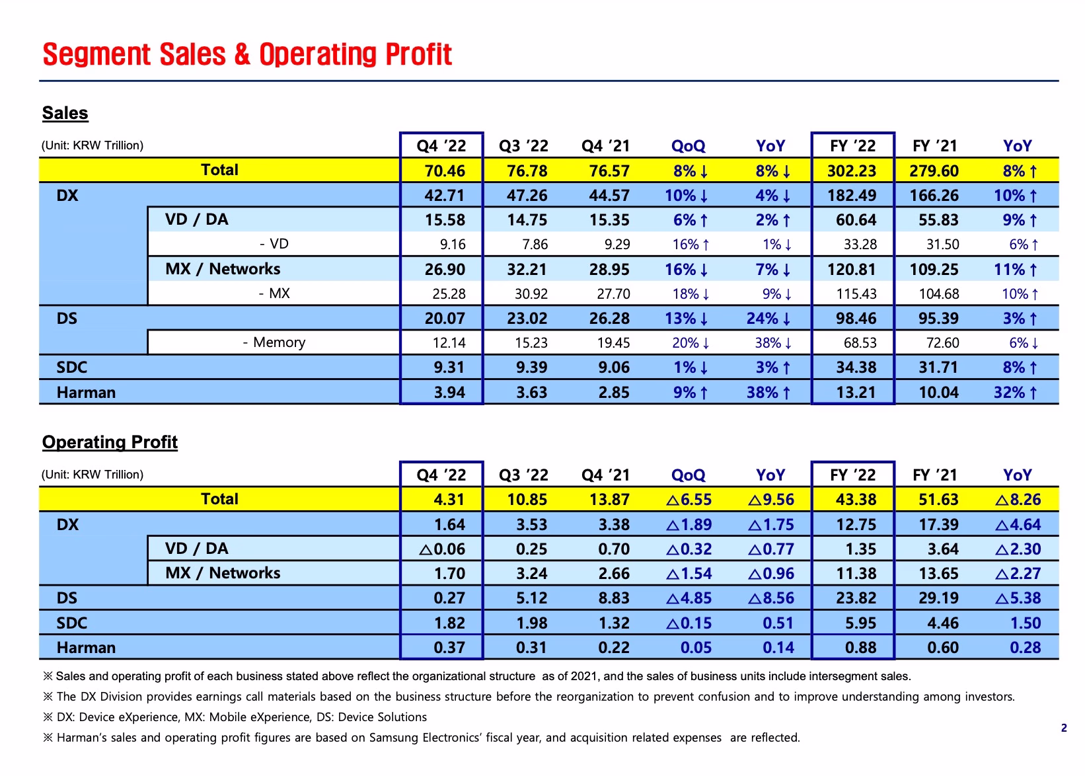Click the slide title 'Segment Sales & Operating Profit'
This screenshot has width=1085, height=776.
(247, 54)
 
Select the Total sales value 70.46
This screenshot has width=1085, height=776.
(445, 171)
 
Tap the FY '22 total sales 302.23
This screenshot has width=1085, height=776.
(852, 171)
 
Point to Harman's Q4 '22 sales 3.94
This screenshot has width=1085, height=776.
(449, 393)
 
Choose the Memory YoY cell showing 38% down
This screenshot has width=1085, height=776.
(773, 343)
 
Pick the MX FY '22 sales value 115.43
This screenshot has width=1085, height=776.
(856, 294)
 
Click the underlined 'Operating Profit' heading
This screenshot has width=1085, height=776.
(110, 442)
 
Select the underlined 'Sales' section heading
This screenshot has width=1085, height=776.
(65, 113)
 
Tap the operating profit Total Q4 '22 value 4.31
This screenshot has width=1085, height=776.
(449, 500)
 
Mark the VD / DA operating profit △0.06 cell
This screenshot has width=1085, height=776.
(442, 549)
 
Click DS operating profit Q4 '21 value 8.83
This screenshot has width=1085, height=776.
(614, 598)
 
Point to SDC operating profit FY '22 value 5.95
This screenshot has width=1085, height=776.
(861, 623)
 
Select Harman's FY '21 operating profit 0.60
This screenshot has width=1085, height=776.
(942, 648)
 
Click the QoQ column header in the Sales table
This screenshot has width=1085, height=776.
(689, 146)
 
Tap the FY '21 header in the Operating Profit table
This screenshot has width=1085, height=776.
(935, 475)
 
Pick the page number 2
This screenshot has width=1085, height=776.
(1064, 728)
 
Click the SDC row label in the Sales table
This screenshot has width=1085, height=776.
(71, 368)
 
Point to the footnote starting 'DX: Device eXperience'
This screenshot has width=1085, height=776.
(235, 717)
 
